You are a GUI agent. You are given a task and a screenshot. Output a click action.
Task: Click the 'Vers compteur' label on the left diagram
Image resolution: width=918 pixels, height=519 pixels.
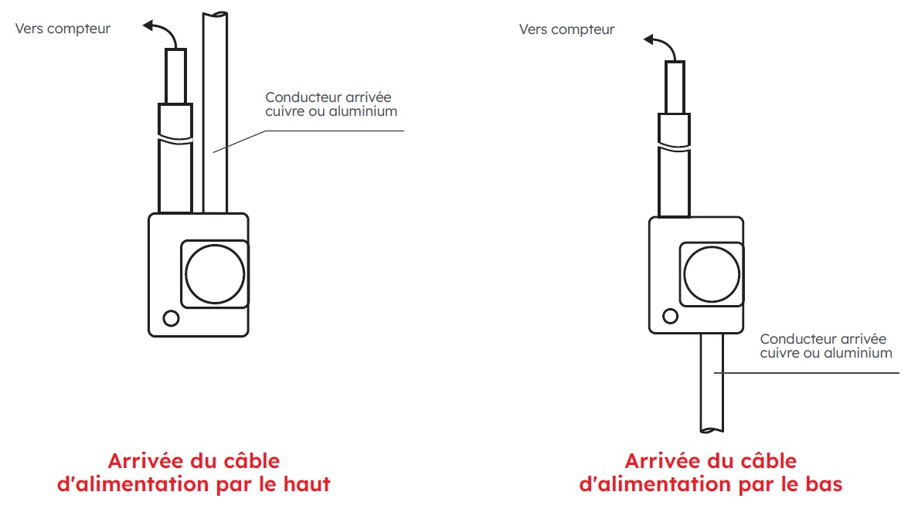63,29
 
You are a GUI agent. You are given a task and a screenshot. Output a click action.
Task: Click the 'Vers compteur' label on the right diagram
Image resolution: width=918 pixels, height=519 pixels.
566,29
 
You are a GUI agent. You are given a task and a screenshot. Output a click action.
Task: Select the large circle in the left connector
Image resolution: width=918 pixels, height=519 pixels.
215,274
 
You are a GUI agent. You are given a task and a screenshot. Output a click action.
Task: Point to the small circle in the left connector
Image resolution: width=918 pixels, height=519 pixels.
171,317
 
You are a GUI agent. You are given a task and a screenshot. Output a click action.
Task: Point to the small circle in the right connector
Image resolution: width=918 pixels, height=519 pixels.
671,315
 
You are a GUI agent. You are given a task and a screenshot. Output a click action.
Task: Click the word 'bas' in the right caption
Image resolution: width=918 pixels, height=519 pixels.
821,485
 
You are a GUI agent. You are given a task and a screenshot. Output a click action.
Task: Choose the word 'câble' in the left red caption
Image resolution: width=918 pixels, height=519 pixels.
249,462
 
